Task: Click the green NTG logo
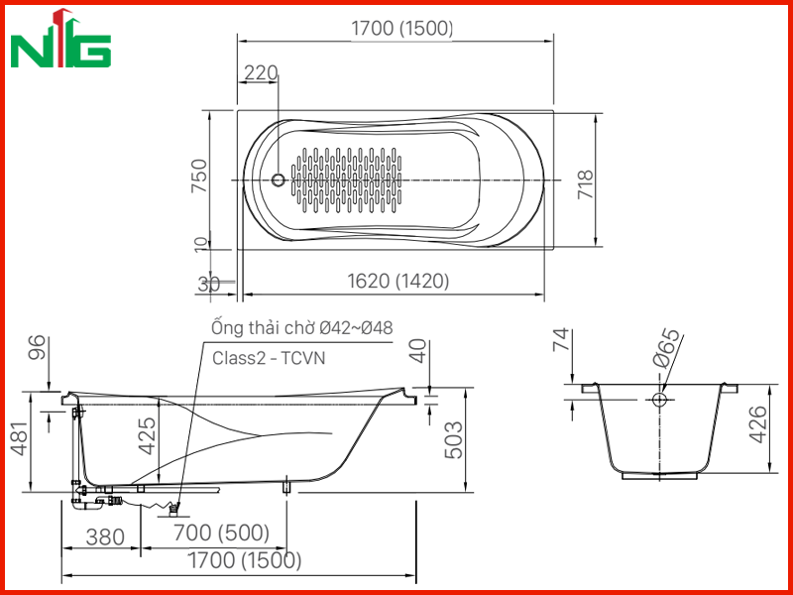point(60,39)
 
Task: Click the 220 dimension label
point(261,73)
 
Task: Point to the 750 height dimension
point(199,176)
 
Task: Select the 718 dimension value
point(585,184)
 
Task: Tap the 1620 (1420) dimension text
point(398,281)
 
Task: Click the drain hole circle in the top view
point(278,179)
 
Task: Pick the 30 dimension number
point(208,286)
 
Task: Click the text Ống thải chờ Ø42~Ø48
point(302,327)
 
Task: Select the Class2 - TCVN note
point(269,358)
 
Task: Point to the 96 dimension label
point(38,347)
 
